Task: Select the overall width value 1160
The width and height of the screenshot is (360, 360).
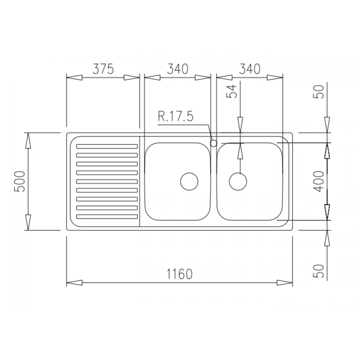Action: tap(179, 274)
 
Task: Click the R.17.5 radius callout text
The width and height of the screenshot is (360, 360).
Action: tap(175, 117)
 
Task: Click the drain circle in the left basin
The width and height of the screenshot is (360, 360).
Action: tap(189, 181)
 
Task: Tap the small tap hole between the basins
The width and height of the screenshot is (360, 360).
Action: tap(214, 143)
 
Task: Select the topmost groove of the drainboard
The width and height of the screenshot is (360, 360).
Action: tap(107, 146)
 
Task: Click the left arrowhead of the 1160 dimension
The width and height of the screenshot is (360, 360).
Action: tap(74, 283)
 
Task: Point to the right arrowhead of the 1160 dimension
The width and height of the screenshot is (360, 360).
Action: tap(285, 283)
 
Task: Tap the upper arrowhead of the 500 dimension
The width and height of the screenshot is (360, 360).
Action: tap(28, 140)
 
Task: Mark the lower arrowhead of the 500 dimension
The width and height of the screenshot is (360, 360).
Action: tap(28, 222)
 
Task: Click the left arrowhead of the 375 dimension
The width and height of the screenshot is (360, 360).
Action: tap(74, 77)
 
